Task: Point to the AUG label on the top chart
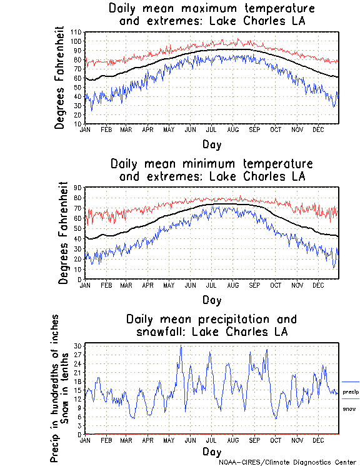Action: [233, 129]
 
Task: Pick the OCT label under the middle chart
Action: [276, 285]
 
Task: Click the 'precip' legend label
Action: [351, 391]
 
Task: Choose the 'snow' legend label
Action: [349, 408]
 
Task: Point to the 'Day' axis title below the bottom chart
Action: [211, 451]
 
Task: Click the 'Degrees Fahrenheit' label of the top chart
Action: [59, 78]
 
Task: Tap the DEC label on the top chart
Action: [318, 129]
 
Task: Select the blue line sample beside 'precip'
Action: [351, 382]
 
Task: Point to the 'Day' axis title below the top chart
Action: [211, 144]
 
